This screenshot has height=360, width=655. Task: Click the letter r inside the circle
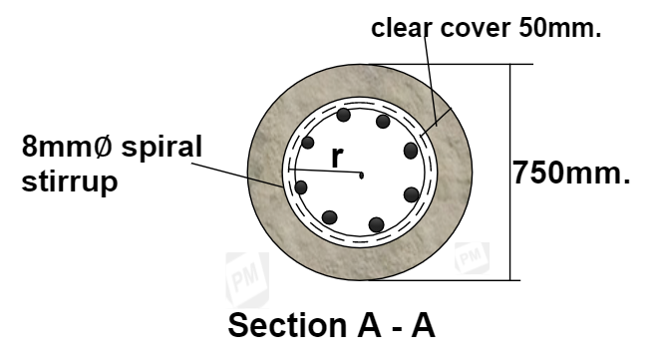pos(338,159)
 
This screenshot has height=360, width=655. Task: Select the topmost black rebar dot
pos(343,114)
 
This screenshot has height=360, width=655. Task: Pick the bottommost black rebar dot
pos(376,224)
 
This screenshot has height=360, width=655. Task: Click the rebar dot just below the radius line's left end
pos(300,186)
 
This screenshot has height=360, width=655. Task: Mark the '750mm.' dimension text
pos(571,173)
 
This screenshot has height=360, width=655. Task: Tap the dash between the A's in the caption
pos(391,325)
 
